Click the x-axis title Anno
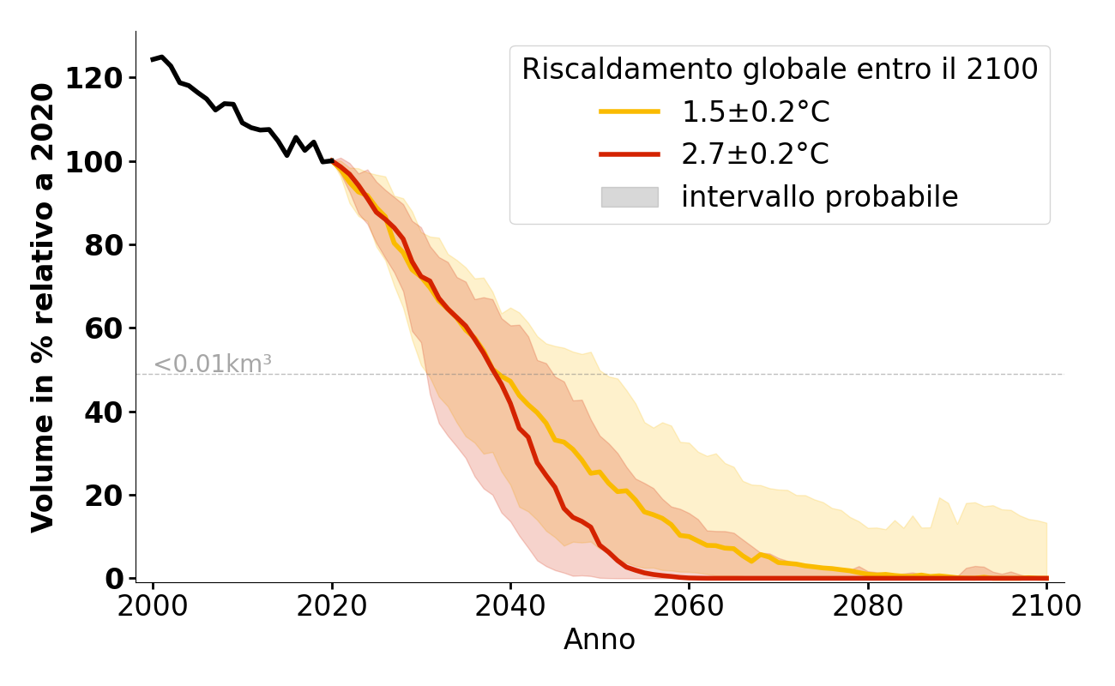(x=600, y=640)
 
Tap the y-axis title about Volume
(x=44, y=307)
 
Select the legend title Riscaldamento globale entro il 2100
(x=780, y=69)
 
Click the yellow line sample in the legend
(x=629, y=111)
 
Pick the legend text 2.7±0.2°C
(x=755, y=154)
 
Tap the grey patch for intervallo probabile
(x=629, y=197)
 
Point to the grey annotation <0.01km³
(x=213, y=364)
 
